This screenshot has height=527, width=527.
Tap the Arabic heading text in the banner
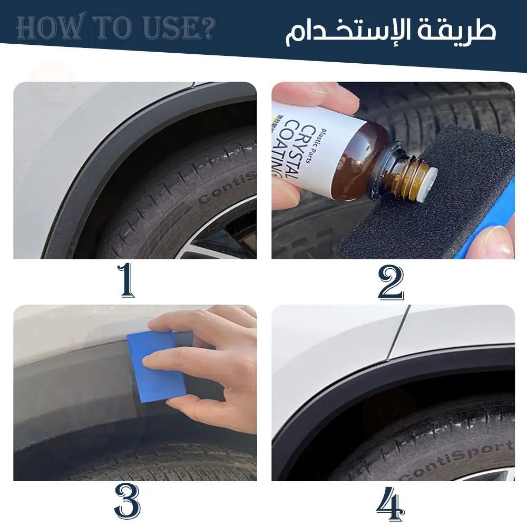(391, 31)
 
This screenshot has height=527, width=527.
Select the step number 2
(391, 282)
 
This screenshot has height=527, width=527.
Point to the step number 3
(127, 502)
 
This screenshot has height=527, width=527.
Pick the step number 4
(391, 503)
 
